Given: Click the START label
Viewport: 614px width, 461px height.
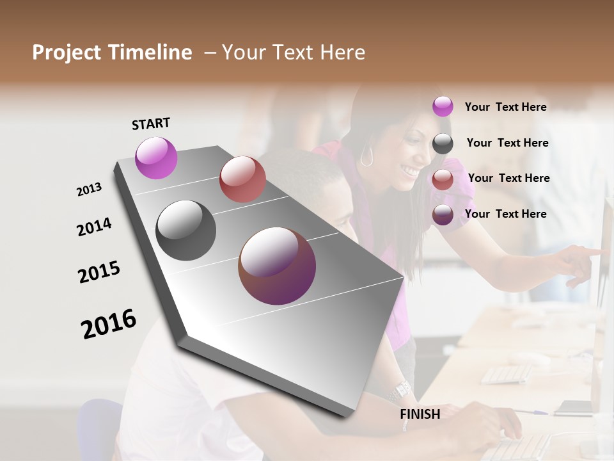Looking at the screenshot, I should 151,124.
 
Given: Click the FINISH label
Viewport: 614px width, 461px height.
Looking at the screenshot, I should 420,414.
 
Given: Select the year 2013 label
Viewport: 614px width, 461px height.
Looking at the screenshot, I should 89,190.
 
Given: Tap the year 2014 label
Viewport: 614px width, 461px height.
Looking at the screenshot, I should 94,227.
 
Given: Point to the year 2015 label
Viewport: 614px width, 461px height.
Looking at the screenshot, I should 99,272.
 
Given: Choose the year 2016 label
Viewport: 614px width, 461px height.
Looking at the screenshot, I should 109,324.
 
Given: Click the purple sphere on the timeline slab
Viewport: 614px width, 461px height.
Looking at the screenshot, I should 156,158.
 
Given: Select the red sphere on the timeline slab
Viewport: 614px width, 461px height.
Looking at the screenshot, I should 242,179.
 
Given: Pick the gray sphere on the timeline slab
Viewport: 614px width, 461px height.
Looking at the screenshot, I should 186,230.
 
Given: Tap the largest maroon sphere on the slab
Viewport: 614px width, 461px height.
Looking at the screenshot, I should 277,266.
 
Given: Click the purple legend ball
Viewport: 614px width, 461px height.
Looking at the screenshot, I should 443,106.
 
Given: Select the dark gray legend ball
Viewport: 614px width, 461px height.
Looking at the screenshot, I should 443,143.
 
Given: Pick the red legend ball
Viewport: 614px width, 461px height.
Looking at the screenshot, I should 443,179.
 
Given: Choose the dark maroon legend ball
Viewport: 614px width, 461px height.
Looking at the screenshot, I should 443,214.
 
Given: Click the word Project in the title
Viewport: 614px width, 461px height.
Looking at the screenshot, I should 67,53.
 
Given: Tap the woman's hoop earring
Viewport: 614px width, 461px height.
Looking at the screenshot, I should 366,157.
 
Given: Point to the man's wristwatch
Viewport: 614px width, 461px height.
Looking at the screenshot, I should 402,389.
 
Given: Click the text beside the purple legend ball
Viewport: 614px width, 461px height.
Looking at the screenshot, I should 505,107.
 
